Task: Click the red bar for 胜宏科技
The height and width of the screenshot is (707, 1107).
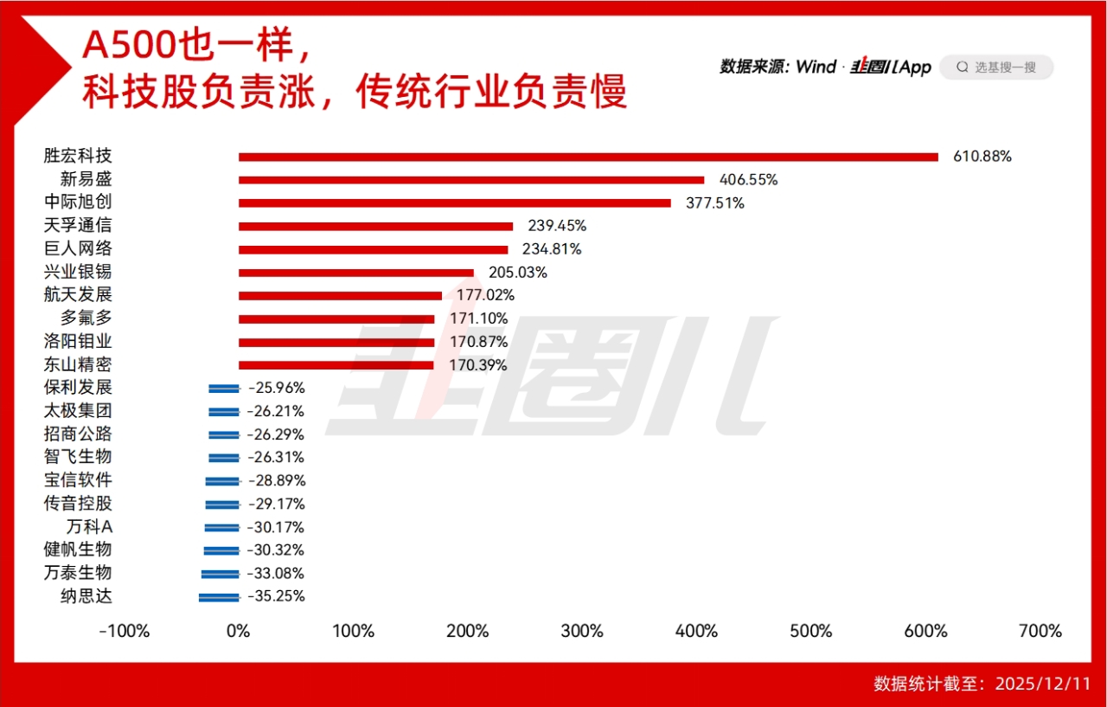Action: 588,157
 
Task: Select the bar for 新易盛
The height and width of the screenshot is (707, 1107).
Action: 471,180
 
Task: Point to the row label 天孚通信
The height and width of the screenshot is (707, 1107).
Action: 78,226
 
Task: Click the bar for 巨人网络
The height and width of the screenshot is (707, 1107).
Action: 373,249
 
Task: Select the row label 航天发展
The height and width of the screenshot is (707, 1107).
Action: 78,295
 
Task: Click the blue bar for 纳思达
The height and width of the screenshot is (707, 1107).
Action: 219,596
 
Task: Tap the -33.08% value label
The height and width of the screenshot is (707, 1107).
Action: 276,573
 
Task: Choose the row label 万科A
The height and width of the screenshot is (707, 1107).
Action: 89,527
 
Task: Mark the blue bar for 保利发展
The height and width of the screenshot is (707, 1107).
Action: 224,389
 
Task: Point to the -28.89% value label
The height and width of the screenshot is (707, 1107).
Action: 277,480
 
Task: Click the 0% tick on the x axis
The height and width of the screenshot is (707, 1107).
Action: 239,631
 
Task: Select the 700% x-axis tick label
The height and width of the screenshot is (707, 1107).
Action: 1040,631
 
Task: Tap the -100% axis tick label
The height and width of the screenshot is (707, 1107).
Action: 125,631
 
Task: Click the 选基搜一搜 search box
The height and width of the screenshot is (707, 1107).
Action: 996,67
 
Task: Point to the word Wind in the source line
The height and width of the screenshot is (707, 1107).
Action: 816,67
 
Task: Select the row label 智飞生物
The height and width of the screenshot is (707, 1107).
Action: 78,457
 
